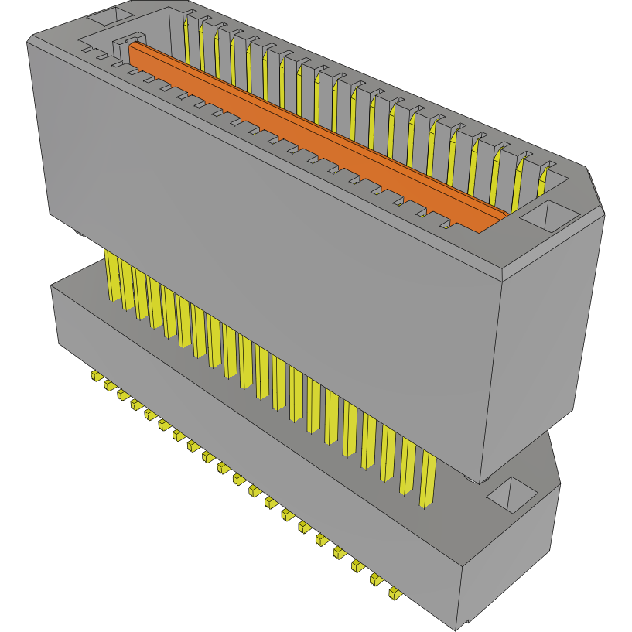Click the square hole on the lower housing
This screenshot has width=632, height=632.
(513, 494)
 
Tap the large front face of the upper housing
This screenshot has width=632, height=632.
(271, 255)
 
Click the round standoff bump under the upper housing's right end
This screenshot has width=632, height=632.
(472, 482)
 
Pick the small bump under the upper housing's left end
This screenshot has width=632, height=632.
(80, 232)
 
